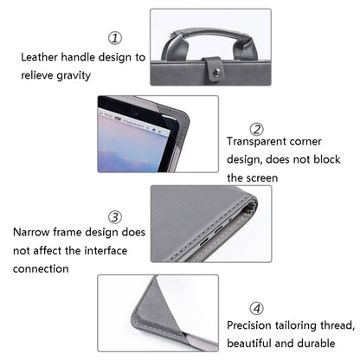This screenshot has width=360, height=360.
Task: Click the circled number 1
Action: tap(114, 37)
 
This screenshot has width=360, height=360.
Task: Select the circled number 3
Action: tap(114, 216)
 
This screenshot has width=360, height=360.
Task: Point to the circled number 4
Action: tap(256, 308)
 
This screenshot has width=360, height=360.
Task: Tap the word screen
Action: tap(260, 178)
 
